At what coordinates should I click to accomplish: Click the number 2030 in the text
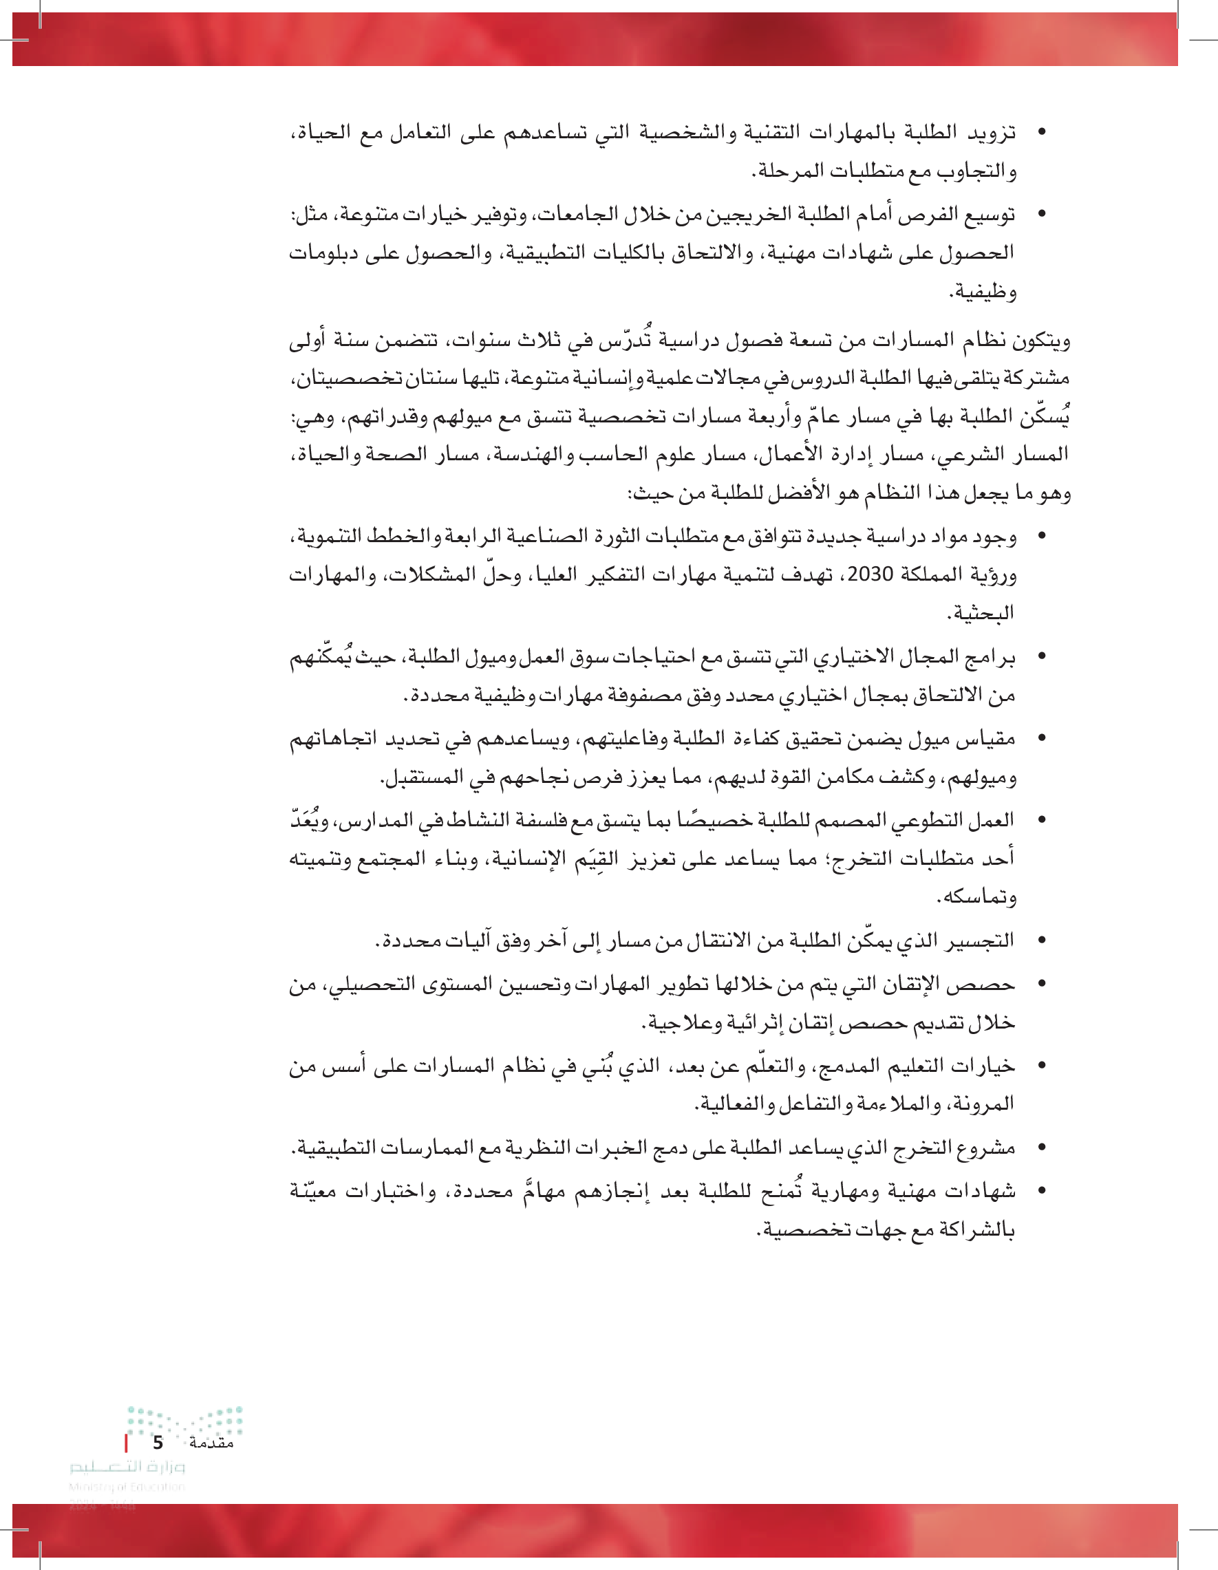[870, 574]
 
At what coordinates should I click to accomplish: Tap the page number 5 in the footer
[158, 1443]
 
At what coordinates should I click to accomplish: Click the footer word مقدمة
[211, 1443]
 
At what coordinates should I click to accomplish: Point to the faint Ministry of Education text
[127, 1487]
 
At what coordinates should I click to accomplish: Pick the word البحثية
[981, 613]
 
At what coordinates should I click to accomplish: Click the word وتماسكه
[977, 897]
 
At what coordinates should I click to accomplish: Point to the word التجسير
[981, 940]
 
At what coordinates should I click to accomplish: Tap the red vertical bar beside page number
[127, 1443]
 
